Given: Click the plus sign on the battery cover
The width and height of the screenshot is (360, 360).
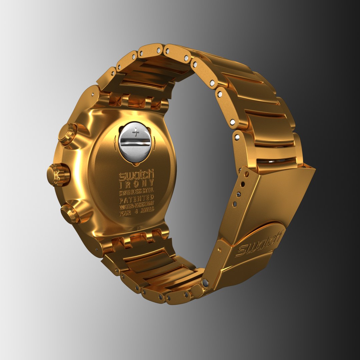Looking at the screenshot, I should pos(135,133).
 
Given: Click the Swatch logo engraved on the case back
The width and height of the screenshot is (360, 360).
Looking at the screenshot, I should pos(136,175).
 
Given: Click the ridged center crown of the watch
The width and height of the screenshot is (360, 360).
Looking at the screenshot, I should pos(58,175).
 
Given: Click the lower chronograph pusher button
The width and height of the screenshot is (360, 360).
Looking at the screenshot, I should pos(70,214).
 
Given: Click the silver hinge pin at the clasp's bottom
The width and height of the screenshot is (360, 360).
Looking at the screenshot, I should pos(206,283).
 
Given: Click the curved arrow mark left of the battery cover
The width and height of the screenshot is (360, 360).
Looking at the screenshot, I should pos(115,140).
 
